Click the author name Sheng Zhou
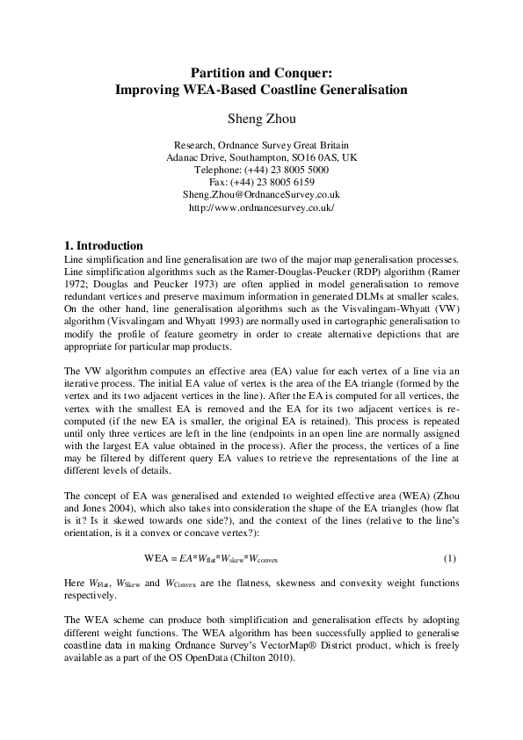pos(261,115)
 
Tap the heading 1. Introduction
pos(104,245)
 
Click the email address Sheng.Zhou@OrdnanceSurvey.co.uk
pos(261,194)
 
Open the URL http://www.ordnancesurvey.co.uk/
pos(261,207)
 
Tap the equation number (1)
pos(449,558)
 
